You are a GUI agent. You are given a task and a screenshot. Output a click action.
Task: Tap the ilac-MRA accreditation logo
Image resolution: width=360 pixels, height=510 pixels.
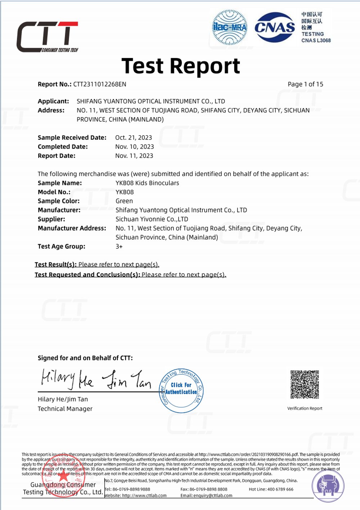[230, 27]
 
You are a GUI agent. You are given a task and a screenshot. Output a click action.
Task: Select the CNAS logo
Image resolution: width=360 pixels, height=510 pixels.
[275, 27]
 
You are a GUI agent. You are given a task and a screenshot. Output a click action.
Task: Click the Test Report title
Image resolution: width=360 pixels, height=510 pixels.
[180, 66]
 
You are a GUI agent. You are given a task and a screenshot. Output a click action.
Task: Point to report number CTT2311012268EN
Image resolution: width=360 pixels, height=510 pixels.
[100, 84]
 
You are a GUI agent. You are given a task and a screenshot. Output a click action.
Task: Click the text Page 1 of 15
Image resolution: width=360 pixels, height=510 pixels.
[305, 84]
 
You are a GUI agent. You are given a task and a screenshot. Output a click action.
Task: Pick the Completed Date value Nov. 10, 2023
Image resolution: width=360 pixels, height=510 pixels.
[135, 147]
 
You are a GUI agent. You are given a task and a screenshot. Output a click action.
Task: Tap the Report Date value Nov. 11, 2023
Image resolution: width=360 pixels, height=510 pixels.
[134, 156]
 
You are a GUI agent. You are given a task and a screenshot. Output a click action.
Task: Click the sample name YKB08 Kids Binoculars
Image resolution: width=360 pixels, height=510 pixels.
[147, 183]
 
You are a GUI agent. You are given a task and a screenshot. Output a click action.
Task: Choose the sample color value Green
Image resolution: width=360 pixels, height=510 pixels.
[124, 201]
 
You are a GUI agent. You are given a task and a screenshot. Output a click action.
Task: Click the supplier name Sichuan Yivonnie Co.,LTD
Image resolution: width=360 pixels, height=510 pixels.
[152, 219]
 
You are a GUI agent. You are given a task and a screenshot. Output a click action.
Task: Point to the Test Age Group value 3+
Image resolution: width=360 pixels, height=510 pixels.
[119, 247]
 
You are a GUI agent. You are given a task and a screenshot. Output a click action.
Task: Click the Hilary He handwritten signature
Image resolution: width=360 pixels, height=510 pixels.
[67, 379]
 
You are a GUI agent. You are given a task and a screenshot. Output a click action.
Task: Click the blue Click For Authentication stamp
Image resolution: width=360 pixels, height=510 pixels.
[181, 391]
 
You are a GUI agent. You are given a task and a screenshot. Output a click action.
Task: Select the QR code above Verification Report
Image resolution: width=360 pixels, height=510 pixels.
[305, 384]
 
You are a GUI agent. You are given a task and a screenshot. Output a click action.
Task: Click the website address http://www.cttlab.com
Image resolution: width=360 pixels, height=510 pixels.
[144, 496]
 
